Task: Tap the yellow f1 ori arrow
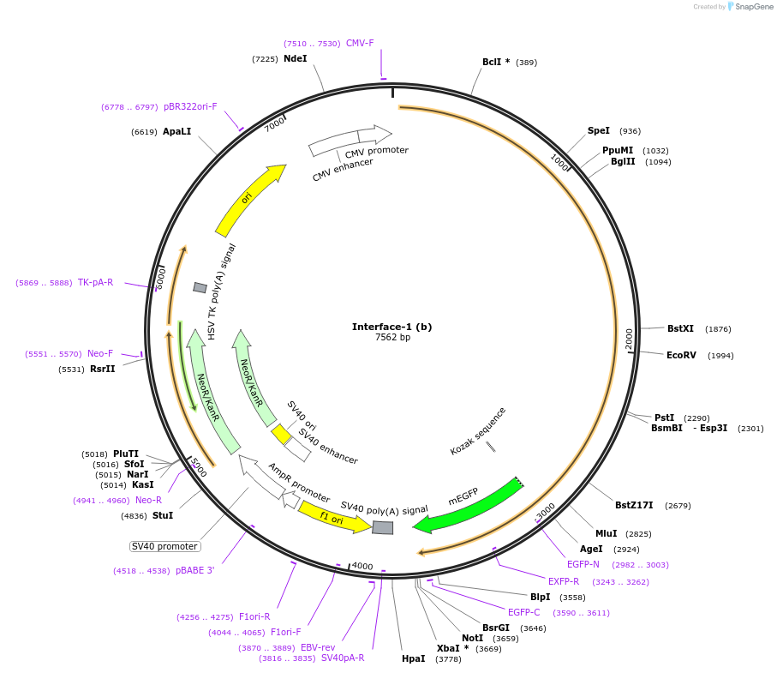[332, 517]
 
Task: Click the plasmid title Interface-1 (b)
[391, 327]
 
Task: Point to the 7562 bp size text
[392, 338]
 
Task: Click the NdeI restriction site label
[295, 59]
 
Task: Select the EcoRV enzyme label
[684, 355]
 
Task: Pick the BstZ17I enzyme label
[634, 505]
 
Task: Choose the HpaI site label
[413, 659]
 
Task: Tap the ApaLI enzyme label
[177, 132]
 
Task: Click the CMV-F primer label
[360, 43]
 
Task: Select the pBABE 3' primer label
[195, 570]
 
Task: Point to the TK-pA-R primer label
[95, 282]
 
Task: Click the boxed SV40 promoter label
[164, 546]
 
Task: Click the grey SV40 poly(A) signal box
[383, 527]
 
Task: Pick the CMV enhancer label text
[342, 169]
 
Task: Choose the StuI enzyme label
[163, 515]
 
